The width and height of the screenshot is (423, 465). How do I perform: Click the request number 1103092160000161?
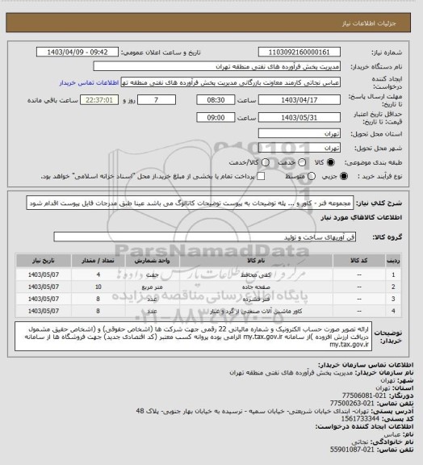[x=307, y=50]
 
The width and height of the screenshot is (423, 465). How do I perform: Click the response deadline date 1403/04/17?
[x=307, y=100]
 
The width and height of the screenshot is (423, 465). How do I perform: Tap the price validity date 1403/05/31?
[x=307, y=117]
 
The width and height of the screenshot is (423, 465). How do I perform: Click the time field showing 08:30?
[x=214, y=100]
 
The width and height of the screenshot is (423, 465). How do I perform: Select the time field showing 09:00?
[x=214, y=117]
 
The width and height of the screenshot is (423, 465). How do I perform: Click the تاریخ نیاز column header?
[x=41, y=262]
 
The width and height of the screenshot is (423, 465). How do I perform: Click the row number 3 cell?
[x=392, y=297]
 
